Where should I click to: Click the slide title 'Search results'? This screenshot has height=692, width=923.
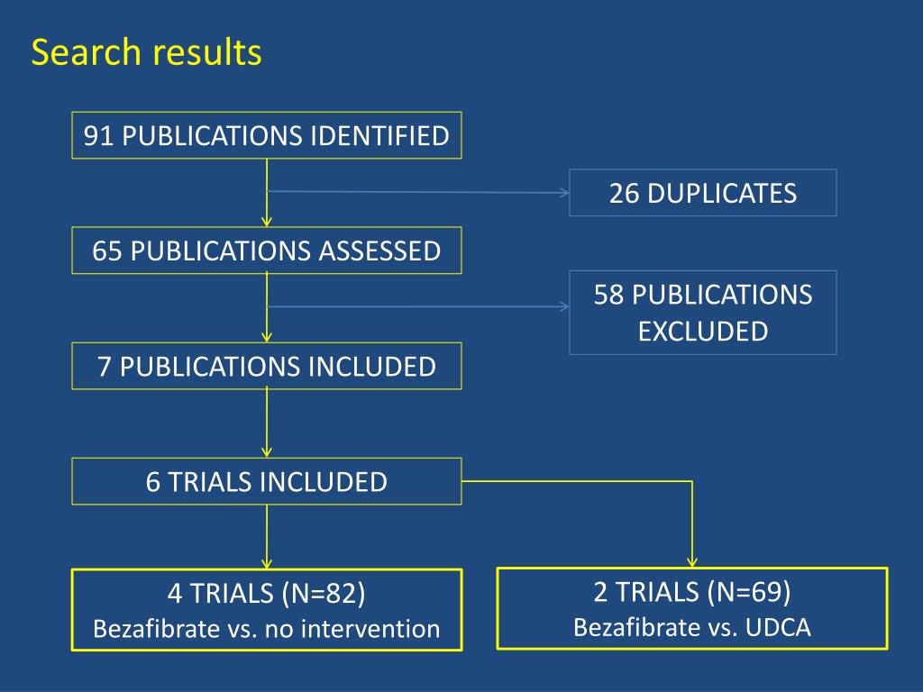[146, 51]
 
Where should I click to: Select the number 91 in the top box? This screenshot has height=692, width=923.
[98, 136]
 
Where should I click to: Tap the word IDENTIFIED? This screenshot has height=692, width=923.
[379, 136]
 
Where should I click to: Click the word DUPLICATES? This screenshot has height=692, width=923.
[722, 194]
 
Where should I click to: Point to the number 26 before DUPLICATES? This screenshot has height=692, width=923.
[624, 194]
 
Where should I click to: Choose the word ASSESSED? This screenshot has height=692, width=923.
[379, 251]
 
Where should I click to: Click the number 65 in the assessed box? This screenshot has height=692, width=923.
[107, 251]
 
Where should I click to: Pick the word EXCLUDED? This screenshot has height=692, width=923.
[703, 332]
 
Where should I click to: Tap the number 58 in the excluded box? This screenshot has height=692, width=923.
[608, 295]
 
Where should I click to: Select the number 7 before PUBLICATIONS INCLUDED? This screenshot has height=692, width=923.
[105, 367]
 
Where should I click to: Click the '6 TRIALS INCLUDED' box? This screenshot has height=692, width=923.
[267, 481]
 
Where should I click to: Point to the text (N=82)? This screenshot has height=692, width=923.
[324, 593]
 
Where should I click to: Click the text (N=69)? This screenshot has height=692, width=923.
[749, 591]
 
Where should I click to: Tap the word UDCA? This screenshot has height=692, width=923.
[778, 627]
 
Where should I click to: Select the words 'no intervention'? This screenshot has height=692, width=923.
[352, 629]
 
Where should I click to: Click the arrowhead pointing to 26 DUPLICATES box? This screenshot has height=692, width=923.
[564, 193]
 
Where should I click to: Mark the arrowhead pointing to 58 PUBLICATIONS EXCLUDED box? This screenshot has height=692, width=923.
[564, 306]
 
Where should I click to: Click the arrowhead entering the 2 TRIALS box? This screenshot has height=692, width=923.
[692, 562]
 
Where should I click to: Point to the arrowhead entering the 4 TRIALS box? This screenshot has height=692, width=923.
[267, 564]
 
